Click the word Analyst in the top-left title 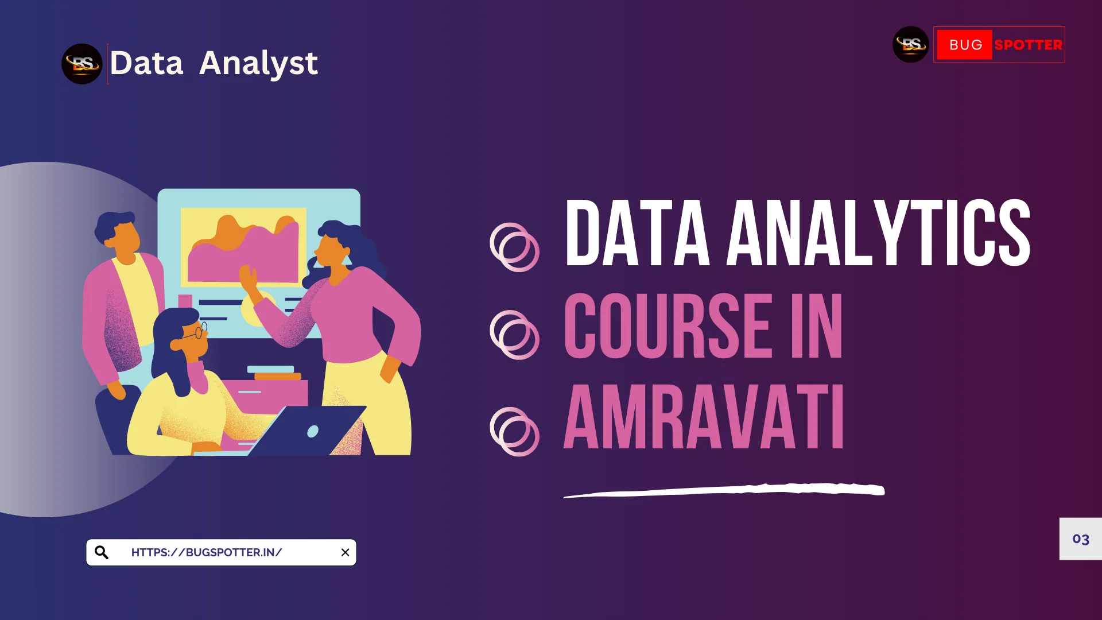point(258,64)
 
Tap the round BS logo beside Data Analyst point(82,64)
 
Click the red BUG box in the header point(964,45)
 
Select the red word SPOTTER point(1028,45)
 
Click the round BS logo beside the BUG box point(911,44)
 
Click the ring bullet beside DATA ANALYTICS point(514,247)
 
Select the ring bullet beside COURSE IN point(514,335)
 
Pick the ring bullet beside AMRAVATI point(514,432)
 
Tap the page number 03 point(1081,539)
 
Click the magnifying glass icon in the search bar point(102,552)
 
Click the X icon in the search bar point(345,552)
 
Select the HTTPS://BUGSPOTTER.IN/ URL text point(207,552)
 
